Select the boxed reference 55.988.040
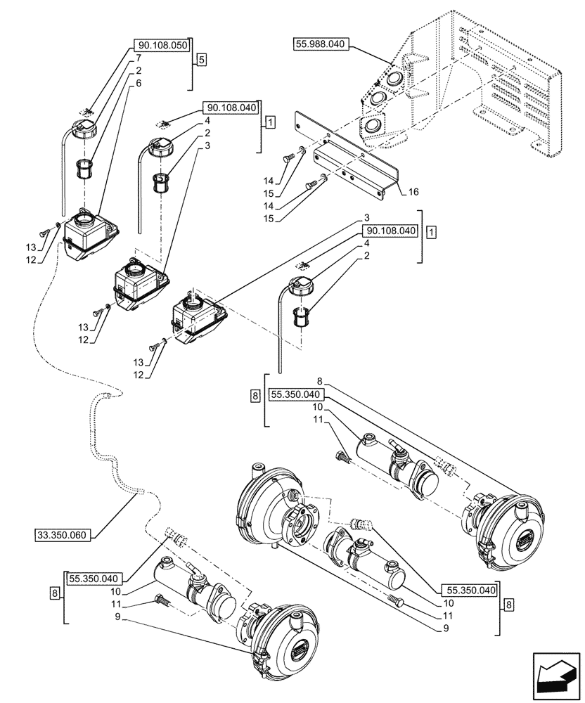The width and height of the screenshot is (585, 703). coord(319,45)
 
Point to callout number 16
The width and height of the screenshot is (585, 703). coord(413,191)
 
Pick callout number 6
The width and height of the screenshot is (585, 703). coord(139,82)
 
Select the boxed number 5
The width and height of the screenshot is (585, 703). coord(201,60)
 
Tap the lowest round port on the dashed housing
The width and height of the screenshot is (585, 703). coord(372,129)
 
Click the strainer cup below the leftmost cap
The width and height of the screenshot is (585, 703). coord(85,169)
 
